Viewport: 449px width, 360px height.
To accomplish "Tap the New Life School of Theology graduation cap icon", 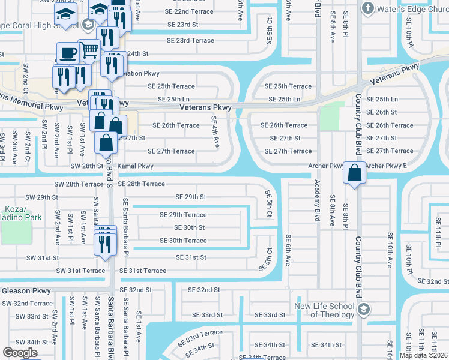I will pos(363,310).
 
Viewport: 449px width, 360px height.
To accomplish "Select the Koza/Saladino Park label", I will pos(21,213).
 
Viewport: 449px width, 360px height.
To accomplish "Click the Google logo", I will pos(20,352).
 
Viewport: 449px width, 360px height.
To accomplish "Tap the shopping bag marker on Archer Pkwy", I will pos(355,173).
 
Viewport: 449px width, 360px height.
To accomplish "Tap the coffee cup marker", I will pos(67,52).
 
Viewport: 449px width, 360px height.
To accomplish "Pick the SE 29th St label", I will pos(190,197).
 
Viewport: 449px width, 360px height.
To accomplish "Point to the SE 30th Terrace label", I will pos(183,241).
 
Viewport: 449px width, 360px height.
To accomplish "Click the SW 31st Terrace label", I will pos(80,271).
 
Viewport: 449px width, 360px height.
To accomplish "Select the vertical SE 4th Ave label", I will pos(215,133).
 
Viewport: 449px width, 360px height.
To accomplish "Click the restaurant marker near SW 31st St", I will pos(106,244).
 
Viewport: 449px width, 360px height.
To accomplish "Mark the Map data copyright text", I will pos(423,355).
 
